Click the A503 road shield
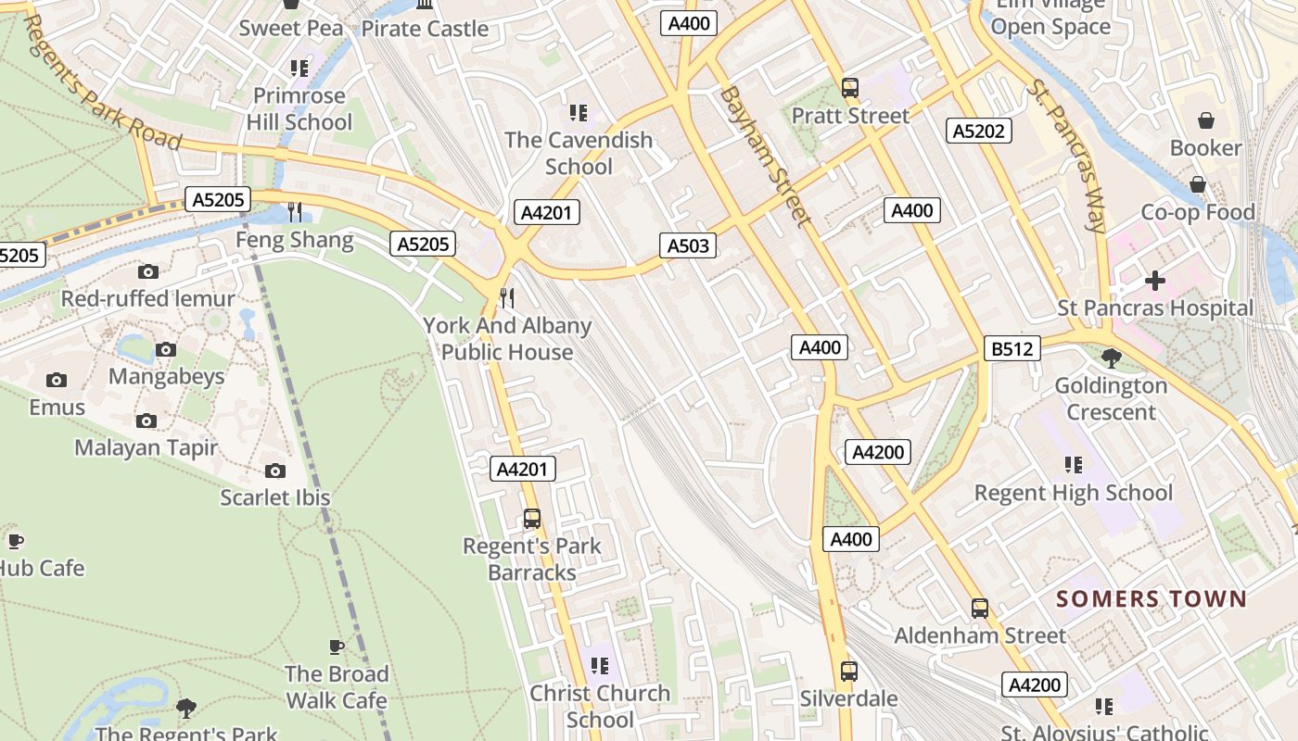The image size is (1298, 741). tap(688, 245)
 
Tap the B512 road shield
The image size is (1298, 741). tap(1012, 348)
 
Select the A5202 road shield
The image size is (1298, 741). tap(979, 131)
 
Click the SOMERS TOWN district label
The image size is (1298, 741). tap(1152, 599)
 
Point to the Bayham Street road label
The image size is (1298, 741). tap(766, 157)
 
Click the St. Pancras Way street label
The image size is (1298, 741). tap(1067, 156)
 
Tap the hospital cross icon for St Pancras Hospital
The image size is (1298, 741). tap(1154, 280)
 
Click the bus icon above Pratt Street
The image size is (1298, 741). tap(849, 88)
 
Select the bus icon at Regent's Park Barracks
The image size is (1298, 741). tap(532, 519)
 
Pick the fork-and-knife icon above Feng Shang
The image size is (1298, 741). tap(295, 212)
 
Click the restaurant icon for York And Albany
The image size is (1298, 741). tap(507, 297)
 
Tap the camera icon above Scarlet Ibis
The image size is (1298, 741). tap(275, 471)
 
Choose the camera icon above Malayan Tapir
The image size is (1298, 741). tap(146, 421)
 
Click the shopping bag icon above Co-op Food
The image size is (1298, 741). tap(1198, 184)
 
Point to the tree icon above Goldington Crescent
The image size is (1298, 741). tap(1111, 358)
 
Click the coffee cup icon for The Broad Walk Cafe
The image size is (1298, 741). tap(336, 647)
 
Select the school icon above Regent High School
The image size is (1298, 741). tap(1074, 465)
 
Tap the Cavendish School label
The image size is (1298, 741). tap(579, 154)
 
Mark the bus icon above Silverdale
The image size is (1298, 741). tap(848, 672)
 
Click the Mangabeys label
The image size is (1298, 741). tap(167, 376)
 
